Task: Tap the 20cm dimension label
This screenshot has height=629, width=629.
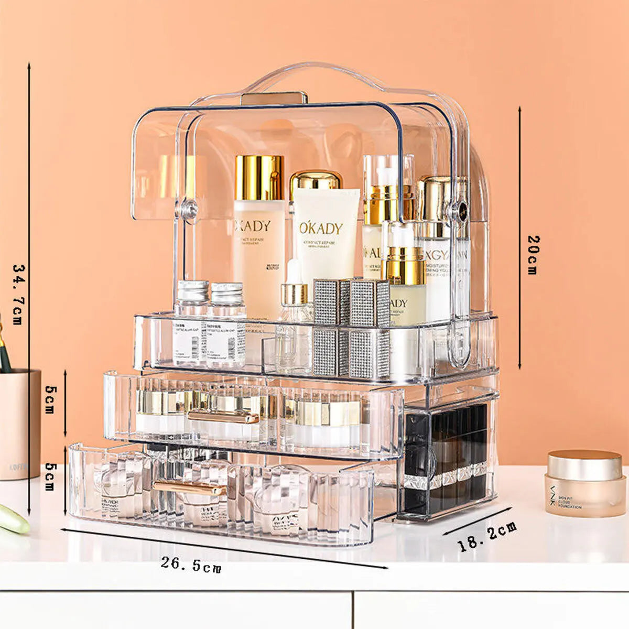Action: tap(533, 255)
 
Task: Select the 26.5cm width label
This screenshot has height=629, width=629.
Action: tap(191, 564)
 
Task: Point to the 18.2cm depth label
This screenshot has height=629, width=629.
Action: tap(487, 536)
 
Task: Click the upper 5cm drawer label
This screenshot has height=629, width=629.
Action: tap(50, 399)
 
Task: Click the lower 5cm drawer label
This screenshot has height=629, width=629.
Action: tap(50, 476)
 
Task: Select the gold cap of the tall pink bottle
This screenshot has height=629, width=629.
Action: tap(259, 177)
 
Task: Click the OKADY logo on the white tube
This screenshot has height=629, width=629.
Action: tap(321, 228)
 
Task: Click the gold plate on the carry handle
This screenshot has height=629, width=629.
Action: tap(274, 98)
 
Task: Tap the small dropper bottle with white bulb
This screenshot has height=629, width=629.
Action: tap(294, 294)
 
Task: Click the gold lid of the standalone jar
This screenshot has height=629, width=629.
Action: tap(584, 464)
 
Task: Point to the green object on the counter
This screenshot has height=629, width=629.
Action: tap(13, 519)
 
